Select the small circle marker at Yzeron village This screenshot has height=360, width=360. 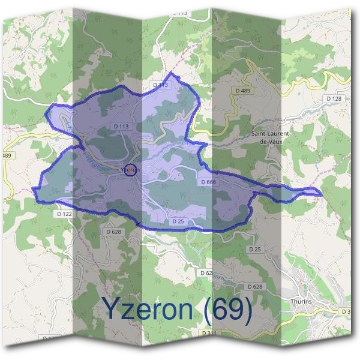pos(132,170)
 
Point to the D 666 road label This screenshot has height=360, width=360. pos(209,181)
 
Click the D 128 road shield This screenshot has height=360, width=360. pos(334,98)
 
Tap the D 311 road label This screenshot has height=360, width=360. pos(209,332)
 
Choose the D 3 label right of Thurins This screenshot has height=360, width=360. pos(346,311)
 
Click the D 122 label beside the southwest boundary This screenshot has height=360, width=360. pos(64,213)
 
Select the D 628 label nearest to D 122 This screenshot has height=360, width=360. pos(113,231)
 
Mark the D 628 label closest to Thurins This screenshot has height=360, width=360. pos(254,287)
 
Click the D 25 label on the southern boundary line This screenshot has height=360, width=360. pos(178,221)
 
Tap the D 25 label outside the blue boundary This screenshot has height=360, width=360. pos(255,248)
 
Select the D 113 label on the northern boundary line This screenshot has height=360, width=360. pos(160,86)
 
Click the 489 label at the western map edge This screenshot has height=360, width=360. pos(7,155)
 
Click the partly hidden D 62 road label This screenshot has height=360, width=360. pos(205,272)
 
